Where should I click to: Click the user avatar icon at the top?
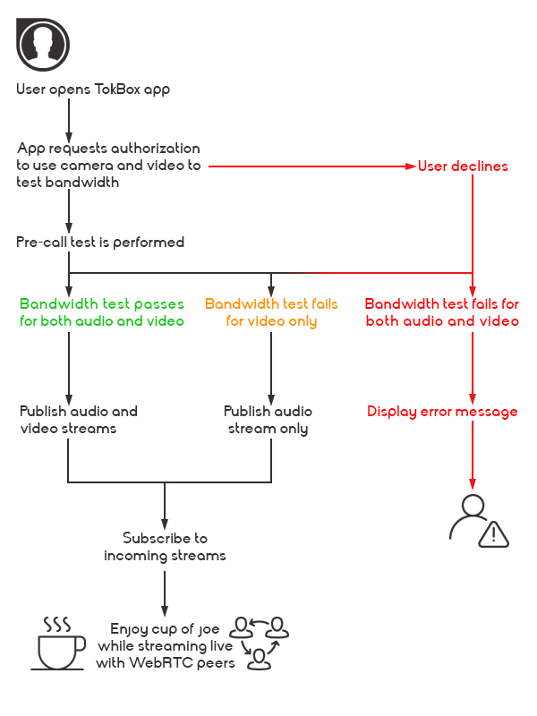click(43, 43)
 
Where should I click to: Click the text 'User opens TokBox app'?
click(93, 89)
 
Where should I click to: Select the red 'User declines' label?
click(463, 166)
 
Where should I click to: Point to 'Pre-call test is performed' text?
click(100, 243)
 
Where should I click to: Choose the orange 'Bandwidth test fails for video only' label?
click(271, 312)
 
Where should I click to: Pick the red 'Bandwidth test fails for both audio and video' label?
click(442, 312)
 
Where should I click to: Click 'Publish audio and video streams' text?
click(79, 420)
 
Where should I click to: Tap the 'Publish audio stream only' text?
click(268, 420)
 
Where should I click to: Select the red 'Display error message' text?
click(442, 412)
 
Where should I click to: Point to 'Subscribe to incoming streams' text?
click(165, 547)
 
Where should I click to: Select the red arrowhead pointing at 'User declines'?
click(411, 166)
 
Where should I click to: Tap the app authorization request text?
click(108, 166)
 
